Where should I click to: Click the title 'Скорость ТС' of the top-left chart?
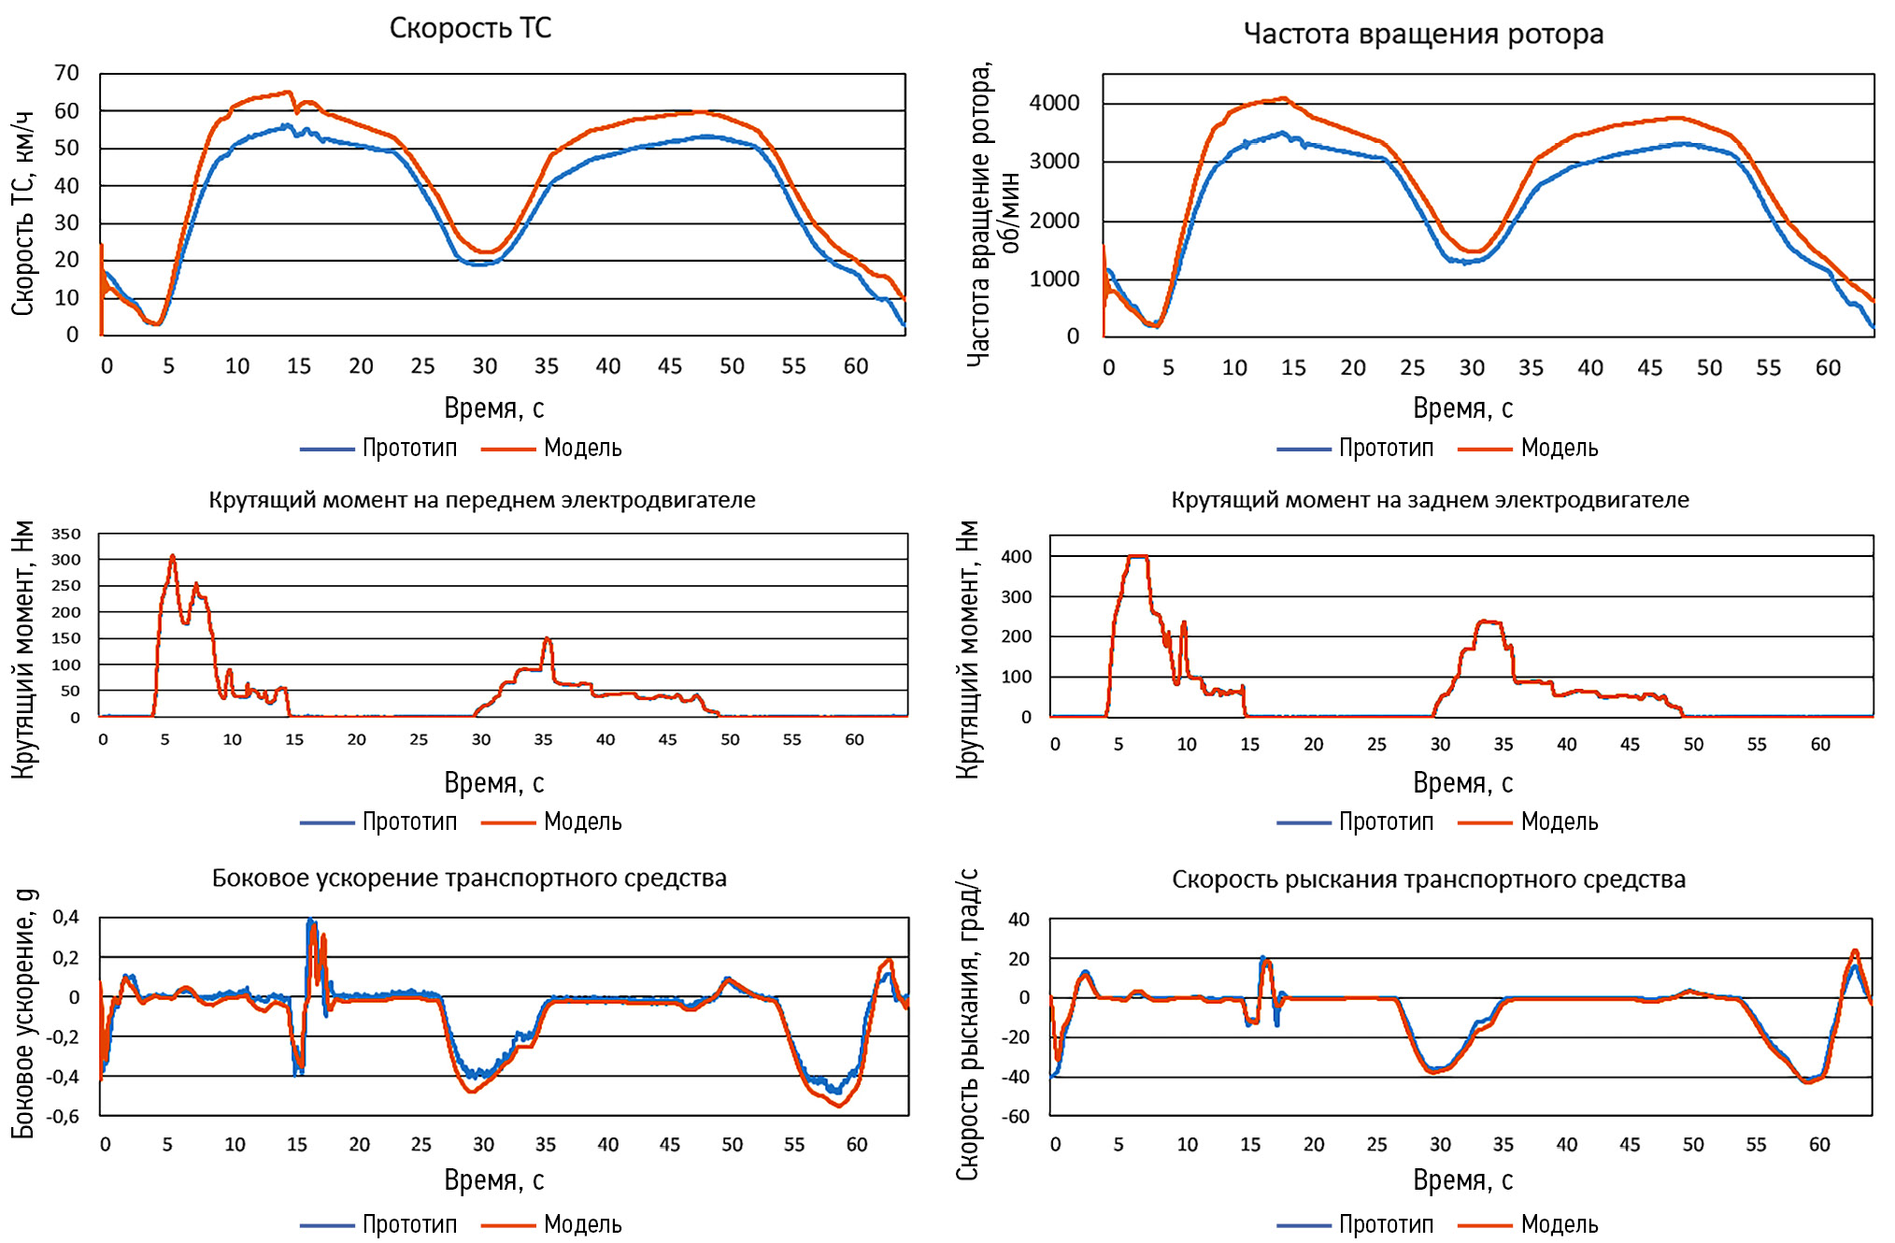click(470, 28)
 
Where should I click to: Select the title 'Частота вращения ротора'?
click(1423, 34)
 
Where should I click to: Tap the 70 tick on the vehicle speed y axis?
click(66, 73)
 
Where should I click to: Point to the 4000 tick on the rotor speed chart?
click(1054, 103)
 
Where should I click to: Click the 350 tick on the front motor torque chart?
click(65, 534)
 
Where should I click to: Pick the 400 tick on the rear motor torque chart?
click(1017, 556)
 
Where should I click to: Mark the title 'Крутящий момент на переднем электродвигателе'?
click(482, 500)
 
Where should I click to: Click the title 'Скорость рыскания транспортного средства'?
click(1429, 879)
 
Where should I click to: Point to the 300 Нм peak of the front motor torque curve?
click(172, 557)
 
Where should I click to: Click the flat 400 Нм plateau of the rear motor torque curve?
click(1137, 557)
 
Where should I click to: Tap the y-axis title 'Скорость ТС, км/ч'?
click(22, 213)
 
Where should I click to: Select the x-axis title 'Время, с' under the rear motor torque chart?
click(1462, 782)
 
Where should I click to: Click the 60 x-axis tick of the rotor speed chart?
click(1828, 367)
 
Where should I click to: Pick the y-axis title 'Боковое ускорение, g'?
click(22, 1013)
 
